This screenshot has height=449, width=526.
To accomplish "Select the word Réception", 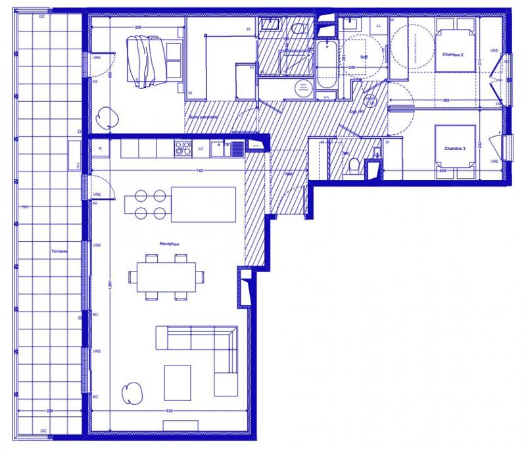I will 170,243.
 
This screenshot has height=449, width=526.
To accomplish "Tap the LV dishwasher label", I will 200,149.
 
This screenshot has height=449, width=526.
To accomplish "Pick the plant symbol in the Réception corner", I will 133,392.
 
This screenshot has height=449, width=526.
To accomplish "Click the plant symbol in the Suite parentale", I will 105,118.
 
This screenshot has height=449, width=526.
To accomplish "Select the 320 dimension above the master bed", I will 139,27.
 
